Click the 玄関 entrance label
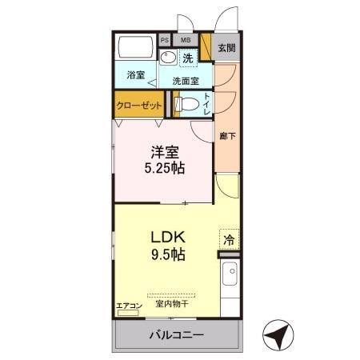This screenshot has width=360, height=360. pos(227,47)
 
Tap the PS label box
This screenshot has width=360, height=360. pos(165,39)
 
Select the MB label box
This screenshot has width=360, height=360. pos(185,39)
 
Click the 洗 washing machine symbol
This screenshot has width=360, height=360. pos(188,58)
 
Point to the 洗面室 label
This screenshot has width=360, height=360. pos(186,80)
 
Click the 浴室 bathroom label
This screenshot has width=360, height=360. pos(135,75)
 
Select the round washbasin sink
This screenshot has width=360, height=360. pos(167,58)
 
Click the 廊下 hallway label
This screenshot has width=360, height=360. pos(226,136)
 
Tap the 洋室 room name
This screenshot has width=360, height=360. pos(164,151)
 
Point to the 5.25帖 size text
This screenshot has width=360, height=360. pos(164,168)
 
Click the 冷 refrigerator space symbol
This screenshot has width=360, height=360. pos(229,239)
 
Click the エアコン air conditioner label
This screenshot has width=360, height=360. pos(129,305)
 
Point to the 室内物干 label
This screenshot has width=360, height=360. pos(170,304)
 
